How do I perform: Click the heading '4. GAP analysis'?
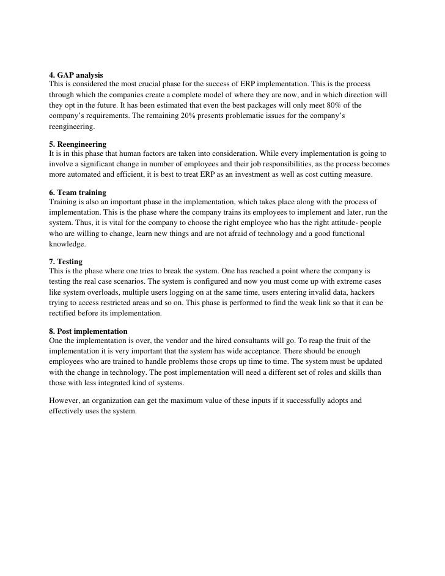point(76,75)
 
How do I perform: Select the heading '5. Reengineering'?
point(77,144)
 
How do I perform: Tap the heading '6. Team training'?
point(77,192)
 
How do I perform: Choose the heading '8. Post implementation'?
point(88,331)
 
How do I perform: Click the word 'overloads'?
point(107,292)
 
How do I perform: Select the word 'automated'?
point(83,175)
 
